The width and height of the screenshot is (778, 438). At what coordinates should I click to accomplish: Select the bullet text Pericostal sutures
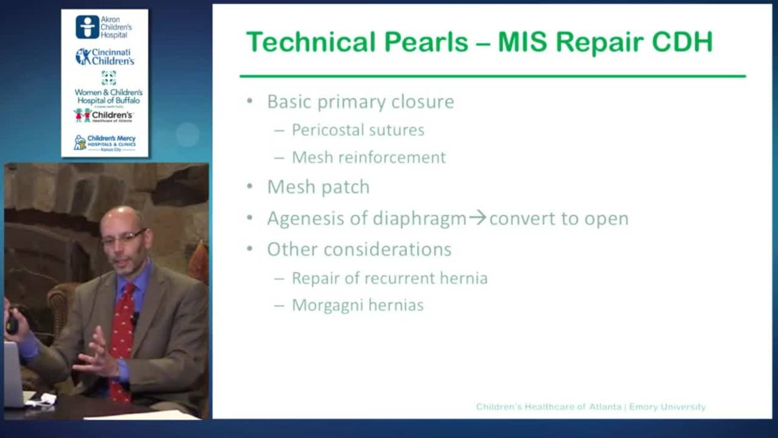pyautogui.click(x=358, y=130)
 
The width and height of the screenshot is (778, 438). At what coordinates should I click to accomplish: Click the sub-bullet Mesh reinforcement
pyautogui.click(x=368, y=158)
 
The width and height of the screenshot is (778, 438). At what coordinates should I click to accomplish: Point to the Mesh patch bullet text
pyautogui.click(x=318, y=187)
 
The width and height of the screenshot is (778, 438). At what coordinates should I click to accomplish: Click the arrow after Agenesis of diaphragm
pyautogui.click(x=478, y=218)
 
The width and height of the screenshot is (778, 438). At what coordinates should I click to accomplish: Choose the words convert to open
pyautogui.click(x=559, y=218)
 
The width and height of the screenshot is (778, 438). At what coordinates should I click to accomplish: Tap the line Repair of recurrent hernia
pyautogui.click(x=390, y=279)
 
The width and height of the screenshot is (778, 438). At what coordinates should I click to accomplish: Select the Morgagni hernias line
pyautogui.click(x=357, y=305)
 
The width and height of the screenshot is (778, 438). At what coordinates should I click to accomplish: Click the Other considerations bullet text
pyautogui.click(x=359, y=249)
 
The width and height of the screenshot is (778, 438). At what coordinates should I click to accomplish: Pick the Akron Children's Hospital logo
pyautogui.click(x=104, y=27)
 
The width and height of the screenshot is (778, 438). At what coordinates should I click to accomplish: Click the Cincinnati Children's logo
pyautogui.click(x=105, y=57)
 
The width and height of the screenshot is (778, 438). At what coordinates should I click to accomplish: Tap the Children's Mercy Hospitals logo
pyautogui.click(x=105, y=143)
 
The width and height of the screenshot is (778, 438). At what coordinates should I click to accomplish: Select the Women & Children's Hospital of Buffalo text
pyautogui.click(x=108, y=96)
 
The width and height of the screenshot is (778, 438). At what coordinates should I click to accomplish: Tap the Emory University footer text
pyautogui.click(x=667, y=407)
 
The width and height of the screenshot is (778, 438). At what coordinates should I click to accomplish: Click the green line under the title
pyautogui.click(x=492, y=76)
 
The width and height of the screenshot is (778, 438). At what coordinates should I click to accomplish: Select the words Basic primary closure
pyautogui.click(x=360, y=102)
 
